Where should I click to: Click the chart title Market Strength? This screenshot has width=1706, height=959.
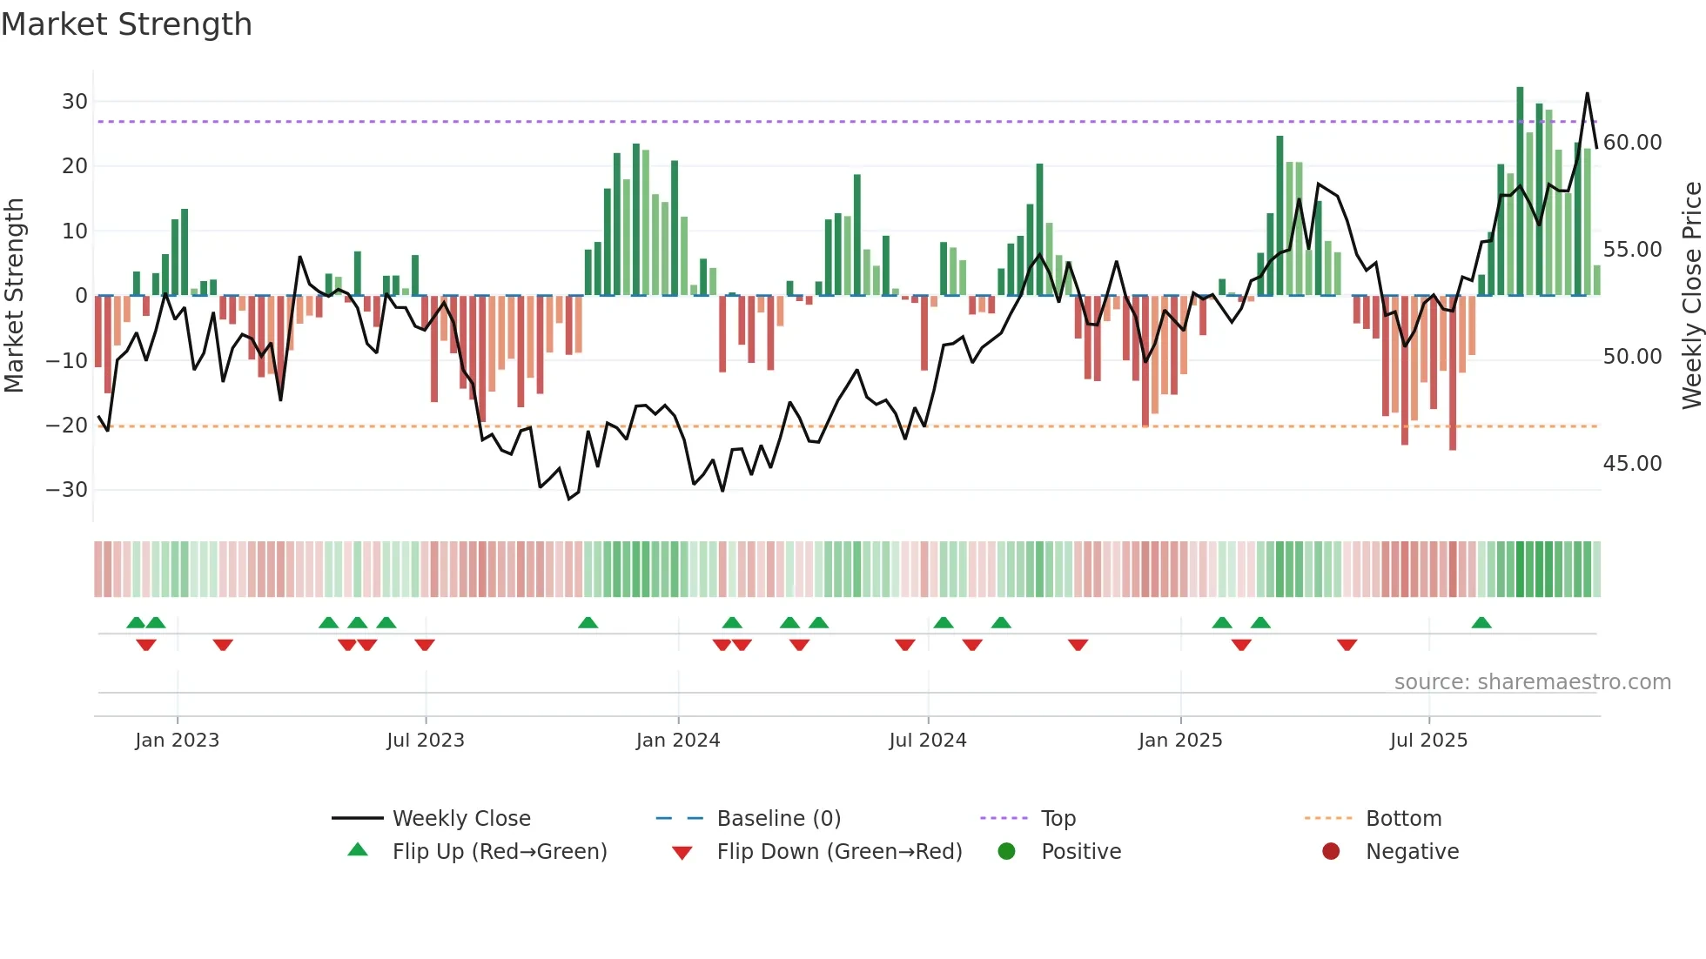click(126, 24)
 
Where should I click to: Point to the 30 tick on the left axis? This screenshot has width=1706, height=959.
click(75, 102)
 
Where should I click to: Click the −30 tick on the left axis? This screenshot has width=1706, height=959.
click(67, 490)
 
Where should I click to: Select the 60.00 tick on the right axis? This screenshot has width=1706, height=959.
click(1632, 143)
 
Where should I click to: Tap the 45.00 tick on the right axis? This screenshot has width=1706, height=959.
click(1632, 464)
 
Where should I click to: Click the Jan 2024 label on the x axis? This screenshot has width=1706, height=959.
click(678, 741)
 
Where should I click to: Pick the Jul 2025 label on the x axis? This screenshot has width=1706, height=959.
click(1428, 741)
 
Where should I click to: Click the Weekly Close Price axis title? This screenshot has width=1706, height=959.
click(1691, 296)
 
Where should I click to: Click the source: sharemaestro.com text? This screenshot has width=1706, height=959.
click(1532, 682)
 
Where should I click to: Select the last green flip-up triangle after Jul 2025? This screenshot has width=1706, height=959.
click(1481, 622)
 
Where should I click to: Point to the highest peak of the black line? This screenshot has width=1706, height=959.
click(1587, 93)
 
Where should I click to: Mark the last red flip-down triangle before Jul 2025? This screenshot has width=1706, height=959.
click(1347, 645)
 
